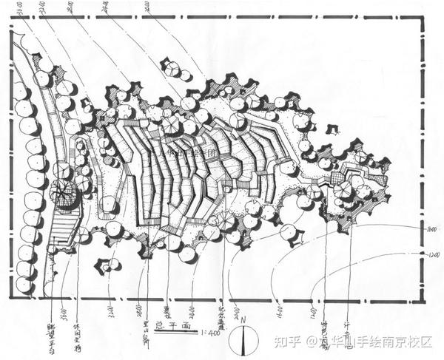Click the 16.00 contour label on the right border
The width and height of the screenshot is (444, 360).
[431, 232]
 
